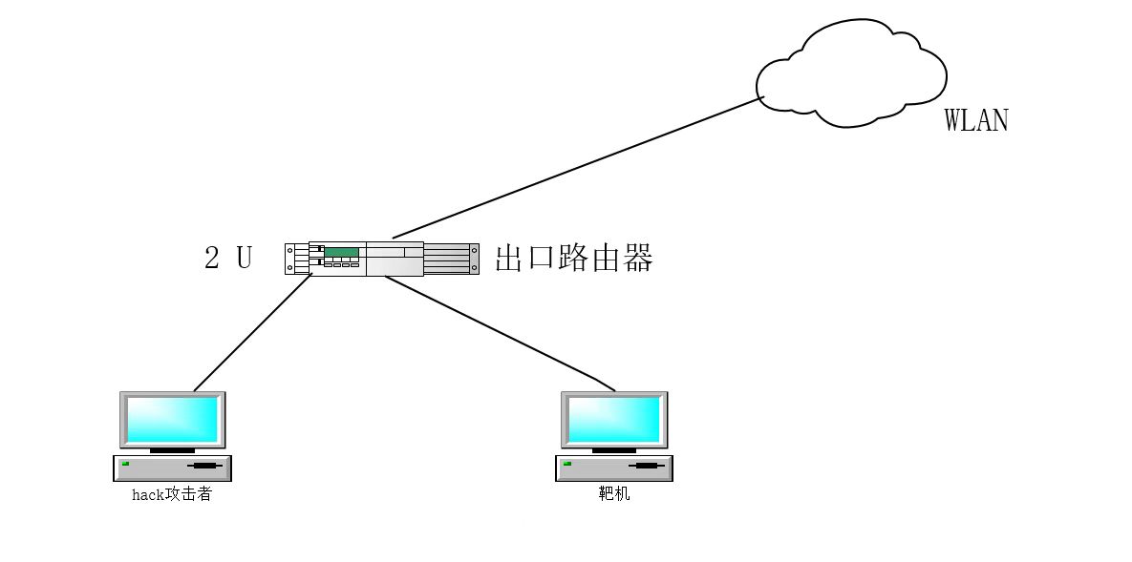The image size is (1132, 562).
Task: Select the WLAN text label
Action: click(975, 120)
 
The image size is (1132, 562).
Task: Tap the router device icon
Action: click(381, 258)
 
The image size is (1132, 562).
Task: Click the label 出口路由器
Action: click(573, 259)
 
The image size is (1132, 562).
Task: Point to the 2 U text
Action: click(228, 258)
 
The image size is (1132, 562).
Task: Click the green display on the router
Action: click(341, 253)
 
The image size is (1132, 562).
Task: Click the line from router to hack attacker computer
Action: click(253, 333)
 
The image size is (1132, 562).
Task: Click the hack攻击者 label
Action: click(172, 495)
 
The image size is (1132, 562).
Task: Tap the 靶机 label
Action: click(614, 495)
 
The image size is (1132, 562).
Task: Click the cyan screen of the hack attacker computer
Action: click(173, 418)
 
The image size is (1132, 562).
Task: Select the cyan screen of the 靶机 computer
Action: click(614, 418)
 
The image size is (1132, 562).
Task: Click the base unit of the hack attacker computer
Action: click(173, 468)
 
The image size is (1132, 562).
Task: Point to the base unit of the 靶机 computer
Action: click(614, 468)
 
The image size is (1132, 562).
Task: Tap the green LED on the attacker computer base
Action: click(125, 464)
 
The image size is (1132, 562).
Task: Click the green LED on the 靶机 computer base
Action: click(567, 464)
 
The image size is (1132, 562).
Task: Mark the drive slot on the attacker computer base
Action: click(205, 466)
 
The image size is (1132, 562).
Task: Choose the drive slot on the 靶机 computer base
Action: click(647, 466)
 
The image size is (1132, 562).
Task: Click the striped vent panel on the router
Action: click(449, 259)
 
